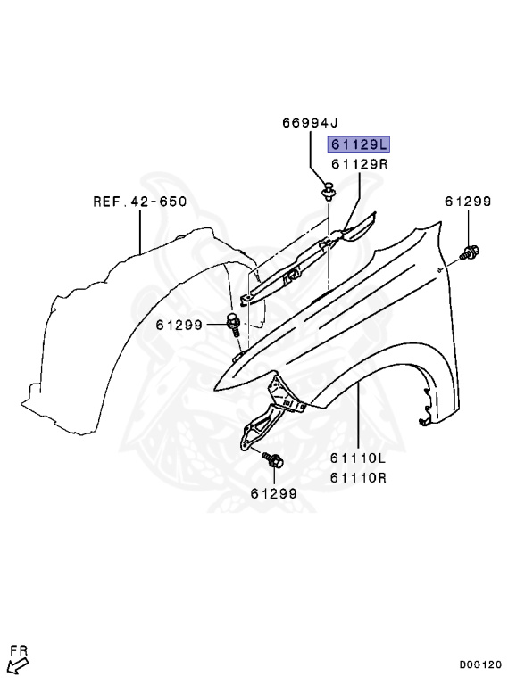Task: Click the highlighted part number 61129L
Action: (x=358, y=144)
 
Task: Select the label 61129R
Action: (x=359, y=164)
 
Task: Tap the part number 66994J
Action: (x=310, y=123)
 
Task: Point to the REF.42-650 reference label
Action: (x=140, y=202)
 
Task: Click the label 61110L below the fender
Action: (x=358, y=458)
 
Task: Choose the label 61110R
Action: (x=358, y=477)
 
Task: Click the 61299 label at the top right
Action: (x=468, y=202)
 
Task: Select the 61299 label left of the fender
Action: (x=179, y=325)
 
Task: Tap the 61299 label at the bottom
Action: (x=274, y=493)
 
